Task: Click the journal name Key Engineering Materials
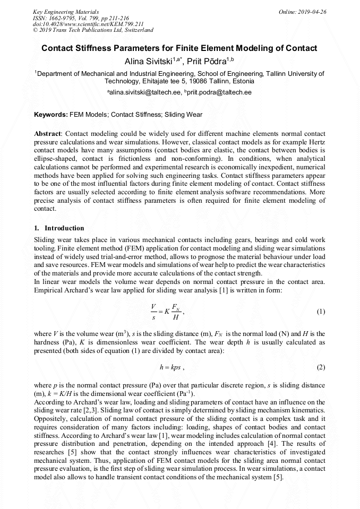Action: tap(66, 11)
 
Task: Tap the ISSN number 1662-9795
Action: tap(59, 18)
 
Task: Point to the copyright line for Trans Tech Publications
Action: tap(93, 30)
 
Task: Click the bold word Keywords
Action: tap(50, 114)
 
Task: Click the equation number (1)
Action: tap(321, 312)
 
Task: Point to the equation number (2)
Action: tap(321, 367)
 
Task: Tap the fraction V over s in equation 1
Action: tap(153, 312)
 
